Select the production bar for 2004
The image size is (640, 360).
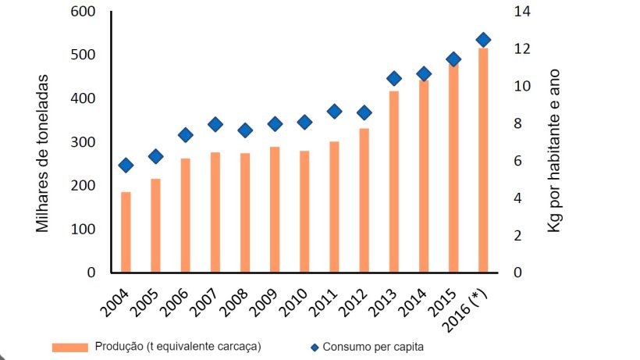tap(126, 232)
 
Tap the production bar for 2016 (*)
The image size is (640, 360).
tap(483, 160)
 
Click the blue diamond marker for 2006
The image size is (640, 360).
tap(186, 135)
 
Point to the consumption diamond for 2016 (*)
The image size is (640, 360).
tap(483, 40)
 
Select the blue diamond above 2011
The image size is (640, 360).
tap(334, 112)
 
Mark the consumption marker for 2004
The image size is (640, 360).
tap(126, 165)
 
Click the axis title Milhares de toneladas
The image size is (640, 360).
tap(45, 153)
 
